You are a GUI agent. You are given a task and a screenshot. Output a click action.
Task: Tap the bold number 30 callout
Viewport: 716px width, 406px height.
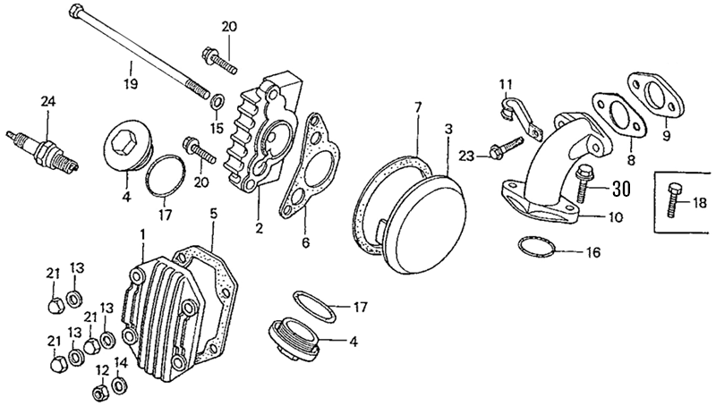622,190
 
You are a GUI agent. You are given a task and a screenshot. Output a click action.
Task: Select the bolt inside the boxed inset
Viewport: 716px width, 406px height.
673,201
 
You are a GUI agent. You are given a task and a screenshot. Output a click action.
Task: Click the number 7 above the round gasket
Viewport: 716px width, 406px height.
417,107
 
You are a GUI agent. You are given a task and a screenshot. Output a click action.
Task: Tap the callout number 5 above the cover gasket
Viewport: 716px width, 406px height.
214,214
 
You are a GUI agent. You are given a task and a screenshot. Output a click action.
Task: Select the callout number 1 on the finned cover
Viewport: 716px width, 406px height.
142,234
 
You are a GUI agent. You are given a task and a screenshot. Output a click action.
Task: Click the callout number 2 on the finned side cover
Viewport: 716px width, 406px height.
259,229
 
